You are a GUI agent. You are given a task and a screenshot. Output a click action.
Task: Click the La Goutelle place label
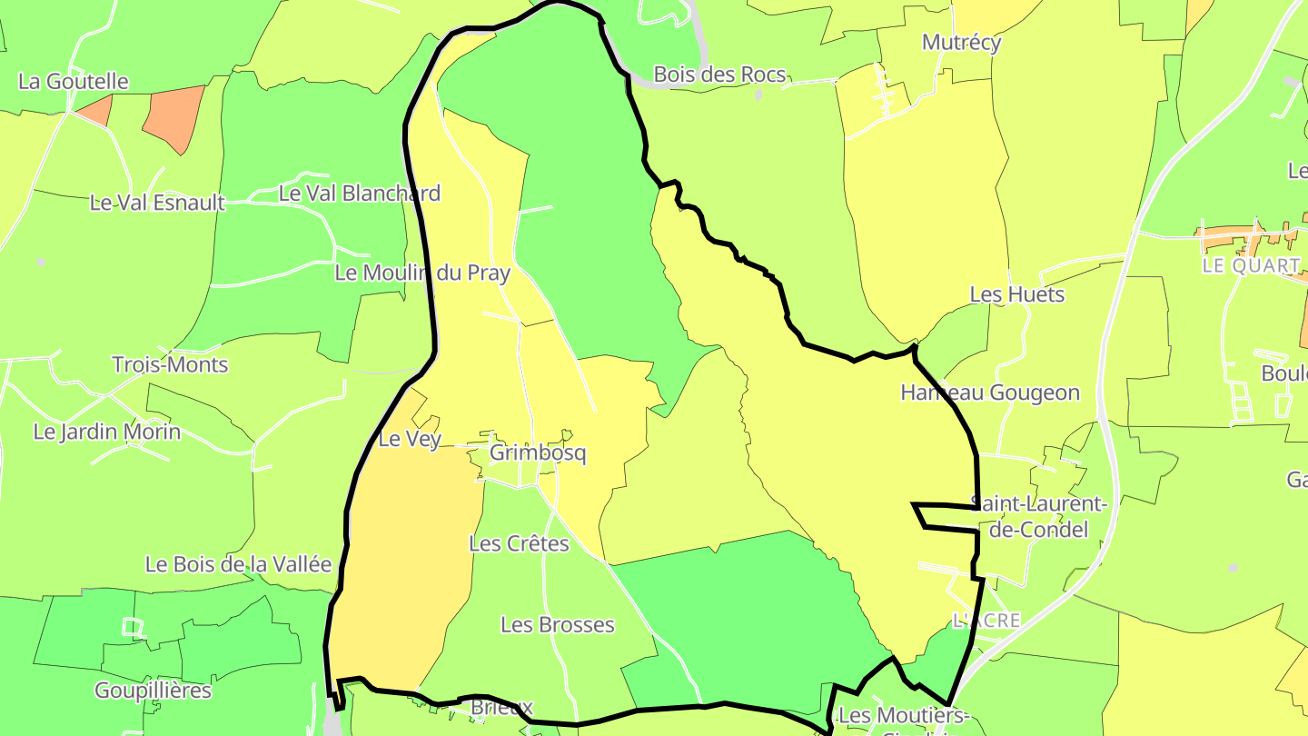[74, 81]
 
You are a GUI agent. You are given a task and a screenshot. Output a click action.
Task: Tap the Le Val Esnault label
[157, 203]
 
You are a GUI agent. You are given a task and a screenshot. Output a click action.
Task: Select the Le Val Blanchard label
[360, 193]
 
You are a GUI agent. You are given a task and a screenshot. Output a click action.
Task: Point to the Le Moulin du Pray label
[422, 273]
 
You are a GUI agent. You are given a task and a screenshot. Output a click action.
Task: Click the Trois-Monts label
[170, 364]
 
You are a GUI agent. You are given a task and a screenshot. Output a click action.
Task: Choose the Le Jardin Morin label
[107, 432]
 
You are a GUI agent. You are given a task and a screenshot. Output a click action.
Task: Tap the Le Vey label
[410, 439]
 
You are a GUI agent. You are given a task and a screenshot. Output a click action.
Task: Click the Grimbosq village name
[538, 453]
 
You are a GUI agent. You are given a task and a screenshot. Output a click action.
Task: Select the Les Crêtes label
[519, 543]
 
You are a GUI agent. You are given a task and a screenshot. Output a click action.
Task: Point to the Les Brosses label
[558, 625]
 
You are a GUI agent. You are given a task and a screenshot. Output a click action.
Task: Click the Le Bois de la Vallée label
[239, 564]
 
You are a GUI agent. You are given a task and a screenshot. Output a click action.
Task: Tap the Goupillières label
[154, 691]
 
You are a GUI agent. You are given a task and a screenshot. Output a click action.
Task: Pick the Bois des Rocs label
[719, 75]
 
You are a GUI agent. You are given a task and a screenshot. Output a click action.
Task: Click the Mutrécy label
[961, 42]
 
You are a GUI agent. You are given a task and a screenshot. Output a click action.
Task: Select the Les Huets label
[1017, 294]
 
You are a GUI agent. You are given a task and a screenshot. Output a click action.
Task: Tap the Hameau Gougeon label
[990, 393]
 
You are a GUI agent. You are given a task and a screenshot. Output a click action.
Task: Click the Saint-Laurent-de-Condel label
[1039, 516]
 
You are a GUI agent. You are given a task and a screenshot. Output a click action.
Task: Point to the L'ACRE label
[986, 621]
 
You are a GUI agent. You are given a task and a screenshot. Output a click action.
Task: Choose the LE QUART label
[1252, 265]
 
